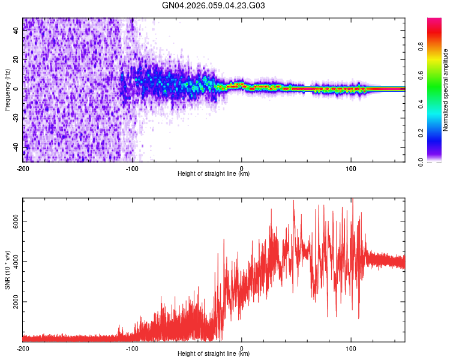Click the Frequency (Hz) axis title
pos(7,89)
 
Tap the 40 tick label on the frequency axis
pos(16,31)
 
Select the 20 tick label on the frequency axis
pos(16,60)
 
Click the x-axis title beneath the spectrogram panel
pos(214,175)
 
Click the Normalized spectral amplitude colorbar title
pos(445,89)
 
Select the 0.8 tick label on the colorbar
pos(422,47)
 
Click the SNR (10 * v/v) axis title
pos(7,270)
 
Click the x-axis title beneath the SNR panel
pos(214,355)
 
